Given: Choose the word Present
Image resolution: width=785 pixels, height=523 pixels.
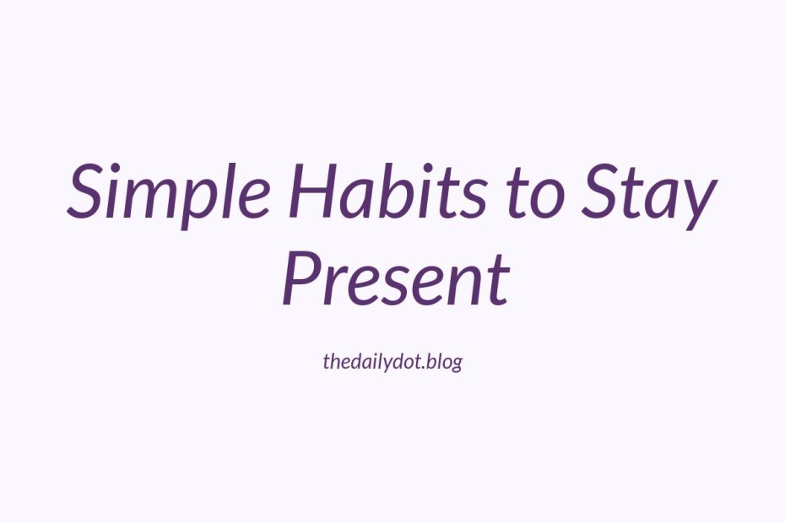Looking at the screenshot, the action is (x=396, y=277).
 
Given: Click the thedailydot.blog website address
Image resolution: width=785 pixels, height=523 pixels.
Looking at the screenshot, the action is (x=392, y=361).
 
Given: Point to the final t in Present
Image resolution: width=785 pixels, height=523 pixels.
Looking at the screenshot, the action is (x=498, y=281).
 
